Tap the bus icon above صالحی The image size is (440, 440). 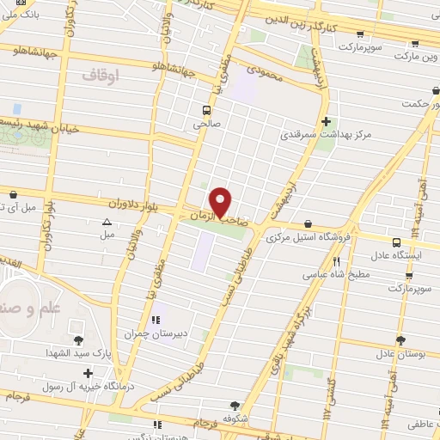(206, 109)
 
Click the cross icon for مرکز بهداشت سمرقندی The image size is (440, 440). (326, 122)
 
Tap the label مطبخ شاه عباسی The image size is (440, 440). (336, 276)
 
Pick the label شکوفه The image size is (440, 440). (235, 419)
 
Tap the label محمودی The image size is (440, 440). (264, 75)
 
